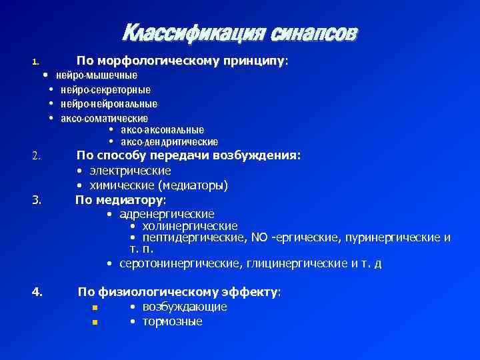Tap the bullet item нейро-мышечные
[x=97, y=75]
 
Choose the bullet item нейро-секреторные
[x=105, y=89]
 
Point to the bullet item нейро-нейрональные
[x=109, y=103]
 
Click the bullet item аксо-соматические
[x=104, y=118]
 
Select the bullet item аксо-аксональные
[x=162, y=129]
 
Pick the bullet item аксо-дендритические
[x=169, y=141]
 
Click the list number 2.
[x=37, y=157]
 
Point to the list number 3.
[x=37, y=199]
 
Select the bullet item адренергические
[x=167, y=214]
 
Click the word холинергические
[x=190, y=226]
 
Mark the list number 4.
[x=37, y=291]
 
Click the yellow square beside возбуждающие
[x=95, y=308]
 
